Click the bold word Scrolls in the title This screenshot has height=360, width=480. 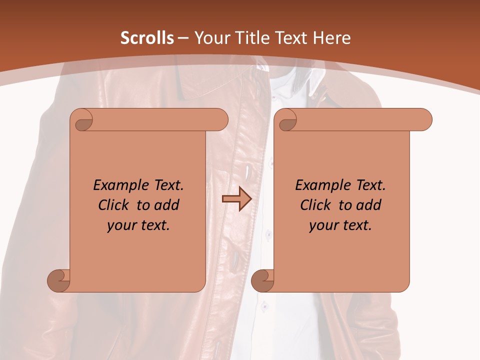147,38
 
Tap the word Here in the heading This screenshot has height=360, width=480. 332,38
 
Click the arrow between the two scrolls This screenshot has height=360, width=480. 236,199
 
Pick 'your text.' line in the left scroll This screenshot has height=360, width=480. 138,225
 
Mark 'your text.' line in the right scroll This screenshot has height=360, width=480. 340,225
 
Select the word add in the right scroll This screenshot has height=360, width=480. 368,205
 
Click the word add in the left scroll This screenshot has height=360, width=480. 166,205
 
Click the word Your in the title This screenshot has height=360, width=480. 211,38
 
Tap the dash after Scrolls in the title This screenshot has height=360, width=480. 183,38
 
